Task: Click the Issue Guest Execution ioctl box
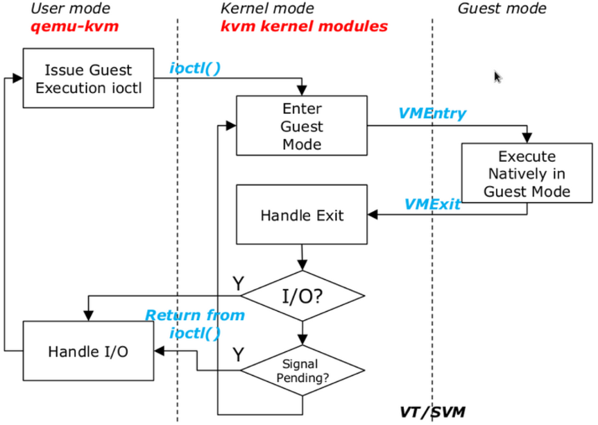[x=89, y=78]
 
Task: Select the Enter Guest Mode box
[x=302, y=126]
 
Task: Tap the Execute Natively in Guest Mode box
[x=527, y=173]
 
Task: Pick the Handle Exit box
[x=302, y=215]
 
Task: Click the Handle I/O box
[x=89, y=351]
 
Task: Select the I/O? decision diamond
[x=302, y=296]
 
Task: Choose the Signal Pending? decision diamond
[x=302, y=370]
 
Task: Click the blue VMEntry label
[x=432, y=113]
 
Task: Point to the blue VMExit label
[x=432, y=204]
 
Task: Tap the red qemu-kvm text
[x=75, y=26]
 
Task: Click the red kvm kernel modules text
[x=305, y=26]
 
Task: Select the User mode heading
[x=71, y=8]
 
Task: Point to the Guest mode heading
[x=502, y=8]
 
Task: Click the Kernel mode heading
[x=267, y=8]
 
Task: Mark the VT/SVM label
[x=432, y=412]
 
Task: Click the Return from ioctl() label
[x=195, y=324]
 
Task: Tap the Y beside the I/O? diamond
[x=239, y=283]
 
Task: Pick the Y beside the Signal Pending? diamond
[x=239, y=354]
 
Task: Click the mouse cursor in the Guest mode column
[x=497, y=77]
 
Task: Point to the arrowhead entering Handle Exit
[x=373, y=215]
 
